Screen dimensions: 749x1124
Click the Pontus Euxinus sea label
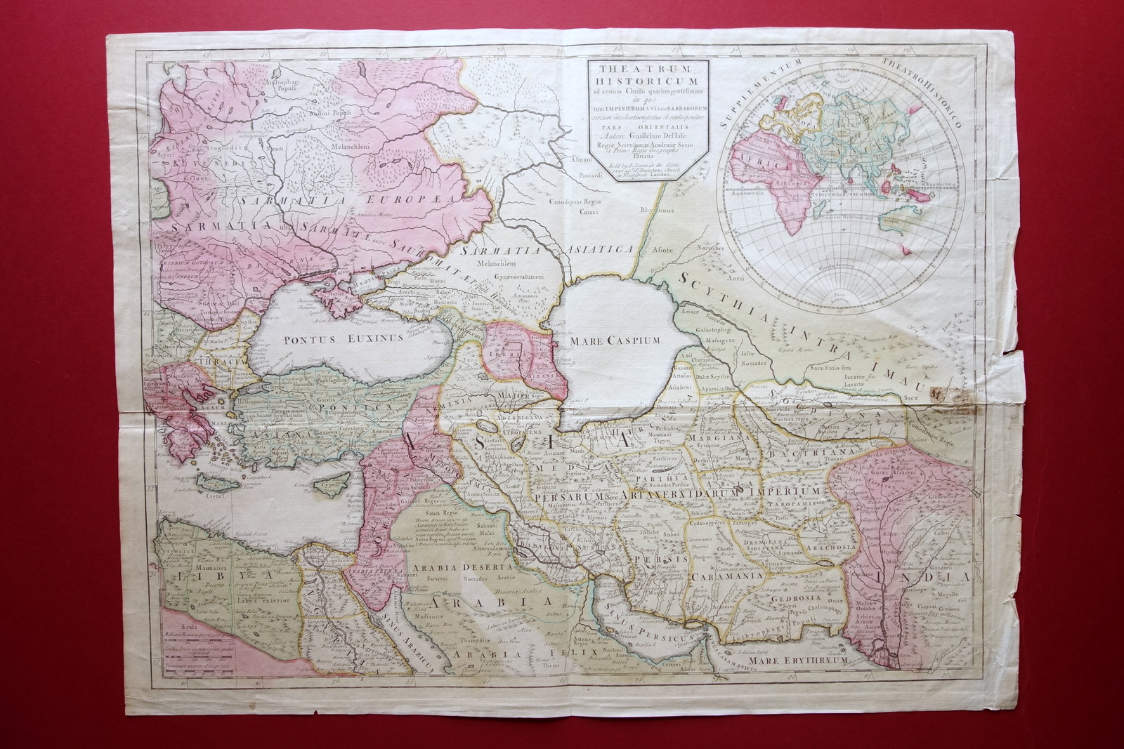(x=343, y=338)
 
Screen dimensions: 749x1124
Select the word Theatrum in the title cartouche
(x=643, y=68)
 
